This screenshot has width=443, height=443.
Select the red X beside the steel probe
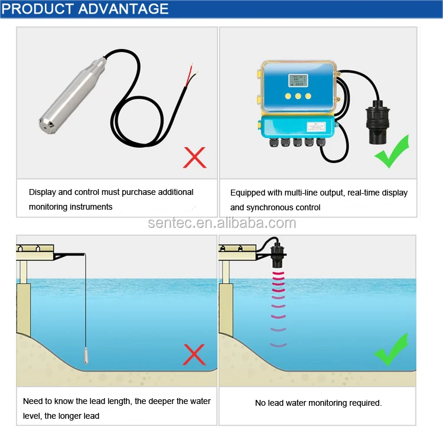[x=194, y=158]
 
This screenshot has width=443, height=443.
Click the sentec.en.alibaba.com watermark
[x=222, y=223]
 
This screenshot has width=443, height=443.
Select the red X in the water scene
[x=194, y=354]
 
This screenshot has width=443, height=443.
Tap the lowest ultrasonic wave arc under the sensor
[x=278, y=344]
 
